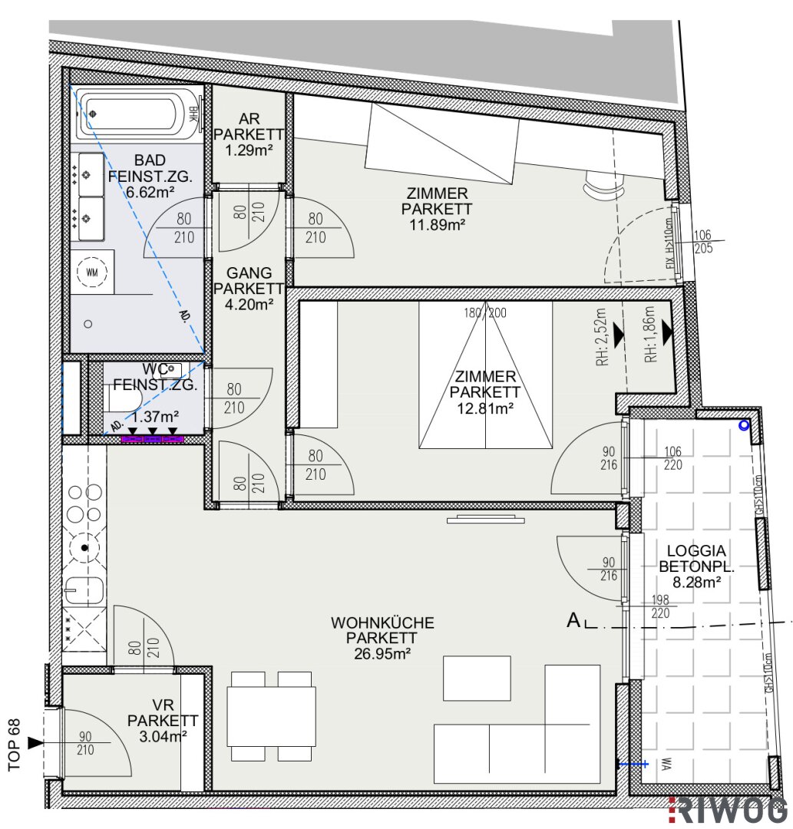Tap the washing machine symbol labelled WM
click(91, 272)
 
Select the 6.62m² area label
click(150, 193)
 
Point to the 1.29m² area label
click(249, 150)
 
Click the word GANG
click(249, 272)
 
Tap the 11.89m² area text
click(437, 225)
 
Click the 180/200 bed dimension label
click(485, 313)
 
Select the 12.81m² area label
click(485, 408)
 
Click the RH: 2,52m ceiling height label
click(603, 337)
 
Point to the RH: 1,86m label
click(650, 334)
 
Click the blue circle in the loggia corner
click(744, 424)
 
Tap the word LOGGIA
click(696, 551)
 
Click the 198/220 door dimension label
click(660, 606)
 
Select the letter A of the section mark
click(573, 619)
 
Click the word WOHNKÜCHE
click(382, 623)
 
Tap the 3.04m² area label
click(163, 736)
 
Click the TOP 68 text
click(15, 745)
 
